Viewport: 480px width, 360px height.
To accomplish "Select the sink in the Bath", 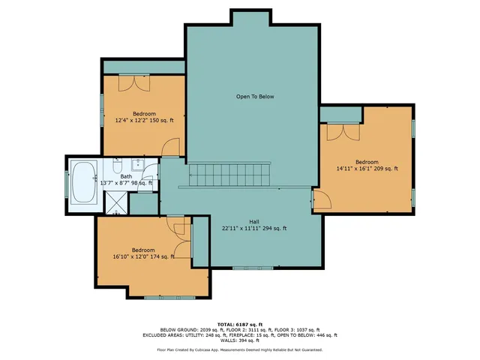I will coord(137,165).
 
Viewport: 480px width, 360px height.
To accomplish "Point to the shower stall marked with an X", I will coord(116,201).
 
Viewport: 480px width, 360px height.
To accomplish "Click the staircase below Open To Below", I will coord(228,175).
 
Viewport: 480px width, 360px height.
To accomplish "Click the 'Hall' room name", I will coord(253,221).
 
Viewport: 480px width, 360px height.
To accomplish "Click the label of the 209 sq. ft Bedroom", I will coord(366,162).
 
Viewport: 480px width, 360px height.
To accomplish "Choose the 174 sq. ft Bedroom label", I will coord(142,250).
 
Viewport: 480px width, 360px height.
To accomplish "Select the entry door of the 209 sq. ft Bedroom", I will coord(320,199).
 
